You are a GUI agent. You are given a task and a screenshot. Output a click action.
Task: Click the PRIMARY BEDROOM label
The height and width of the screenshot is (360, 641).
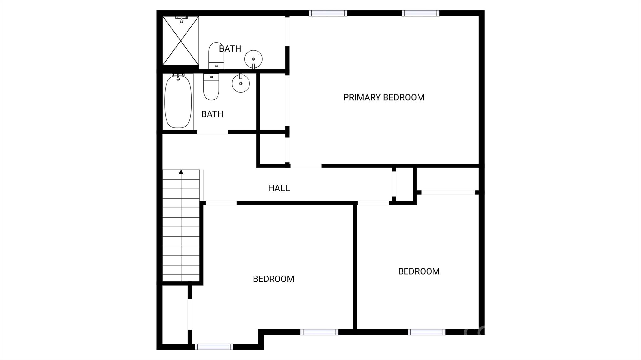pos(383,98)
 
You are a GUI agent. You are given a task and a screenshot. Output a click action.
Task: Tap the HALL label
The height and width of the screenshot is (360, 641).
pos(279,188)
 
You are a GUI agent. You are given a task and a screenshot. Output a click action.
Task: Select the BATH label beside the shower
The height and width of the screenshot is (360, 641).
pos(230,49)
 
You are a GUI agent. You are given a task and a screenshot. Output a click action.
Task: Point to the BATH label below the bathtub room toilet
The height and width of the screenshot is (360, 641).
pos(212,114)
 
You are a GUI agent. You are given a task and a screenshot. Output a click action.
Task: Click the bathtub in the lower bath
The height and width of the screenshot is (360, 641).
pos(178,101)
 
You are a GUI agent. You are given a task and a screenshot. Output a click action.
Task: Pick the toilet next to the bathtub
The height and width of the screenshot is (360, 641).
pos(211,87)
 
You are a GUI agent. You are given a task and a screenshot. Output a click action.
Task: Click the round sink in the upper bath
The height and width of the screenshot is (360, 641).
pos(253,59)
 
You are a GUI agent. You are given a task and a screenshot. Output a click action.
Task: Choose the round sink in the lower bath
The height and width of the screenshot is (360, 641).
pos(241,83)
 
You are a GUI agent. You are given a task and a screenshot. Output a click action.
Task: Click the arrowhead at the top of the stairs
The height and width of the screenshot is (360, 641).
pos(181,172)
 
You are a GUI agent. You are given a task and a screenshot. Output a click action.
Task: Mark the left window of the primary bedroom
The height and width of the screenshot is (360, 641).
pos(328,13)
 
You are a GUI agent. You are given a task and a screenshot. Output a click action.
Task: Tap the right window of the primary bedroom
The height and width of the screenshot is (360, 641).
pos(420,13)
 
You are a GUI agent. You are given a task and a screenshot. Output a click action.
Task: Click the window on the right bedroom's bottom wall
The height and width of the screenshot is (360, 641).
pos(426,332)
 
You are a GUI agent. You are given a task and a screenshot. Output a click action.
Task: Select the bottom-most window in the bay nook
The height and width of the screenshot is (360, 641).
pos(214,347)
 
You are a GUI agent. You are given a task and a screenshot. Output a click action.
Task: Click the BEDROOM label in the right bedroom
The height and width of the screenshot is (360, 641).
pos(419,271)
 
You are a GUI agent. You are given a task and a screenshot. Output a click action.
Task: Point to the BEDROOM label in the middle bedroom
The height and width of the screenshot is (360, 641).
pos(273,279)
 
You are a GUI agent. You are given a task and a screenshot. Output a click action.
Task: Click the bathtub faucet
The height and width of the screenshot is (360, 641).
pos(178,77)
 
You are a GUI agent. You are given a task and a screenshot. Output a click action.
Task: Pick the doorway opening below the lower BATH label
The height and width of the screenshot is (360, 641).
pos(213,133)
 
